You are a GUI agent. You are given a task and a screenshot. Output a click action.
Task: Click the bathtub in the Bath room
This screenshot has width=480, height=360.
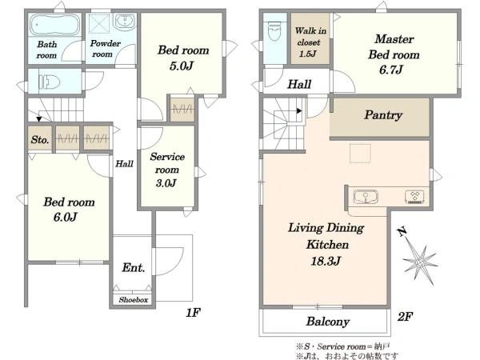tap(55, 25)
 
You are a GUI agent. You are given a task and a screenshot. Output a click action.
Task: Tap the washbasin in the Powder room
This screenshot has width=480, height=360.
tap(125, 22)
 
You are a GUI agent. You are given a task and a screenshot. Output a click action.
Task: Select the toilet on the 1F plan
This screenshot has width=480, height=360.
tap(49, 82)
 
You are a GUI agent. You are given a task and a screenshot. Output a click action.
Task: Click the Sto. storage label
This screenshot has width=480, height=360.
tap(40, 140)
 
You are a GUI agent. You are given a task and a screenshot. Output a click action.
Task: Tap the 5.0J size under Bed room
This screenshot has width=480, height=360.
tap(182, 66)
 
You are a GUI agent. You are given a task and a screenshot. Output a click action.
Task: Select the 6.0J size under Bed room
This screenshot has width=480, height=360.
tap(65, 217)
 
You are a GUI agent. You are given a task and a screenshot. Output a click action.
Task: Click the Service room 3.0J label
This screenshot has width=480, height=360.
tap(167, 170)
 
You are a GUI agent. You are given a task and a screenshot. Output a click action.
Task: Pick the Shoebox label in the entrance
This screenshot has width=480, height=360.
tap(134, 300)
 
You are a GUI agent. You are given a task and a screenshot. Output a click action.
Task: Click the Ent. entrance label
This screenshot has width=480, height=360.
tap(134, 267)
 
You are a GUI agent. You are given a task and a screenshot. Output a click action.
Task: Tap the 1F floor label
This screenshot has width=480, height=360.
tap(193, 313)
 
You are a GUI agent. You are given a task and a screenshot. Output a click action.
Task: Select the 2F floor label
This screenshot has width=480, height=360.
tap(406, 316)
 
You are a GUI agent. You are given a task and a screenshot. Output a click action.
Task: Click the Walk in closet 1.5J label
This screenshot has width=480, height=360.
tap(310, 42)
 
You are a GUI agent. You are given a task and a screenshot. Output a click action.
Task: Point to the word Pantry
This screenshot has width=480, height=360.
tap(383, 115)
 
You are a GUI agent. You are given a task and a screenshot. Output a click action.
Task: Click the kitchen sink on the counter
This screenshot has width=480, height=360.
tap(366, 197)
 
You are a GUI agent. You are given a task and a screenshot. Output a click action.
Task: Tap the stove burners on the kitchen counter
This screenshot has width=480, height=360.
tap(414, 197)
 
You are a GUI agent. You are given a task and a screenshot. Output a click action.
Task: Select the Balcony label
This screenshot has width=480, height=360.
tap(328, 322)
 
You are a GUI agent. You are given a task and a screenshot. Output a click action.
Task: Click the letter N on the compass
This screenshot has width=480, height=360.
tap(402, 232)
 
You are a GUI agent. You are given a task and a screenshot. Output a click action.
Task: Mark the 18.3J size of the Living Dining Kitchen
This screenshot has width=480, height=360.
tap(326, 261)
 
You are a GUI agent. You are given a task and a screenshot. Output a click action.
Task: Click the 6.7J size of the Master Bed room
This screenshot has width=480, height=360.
tap(391, 70)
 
